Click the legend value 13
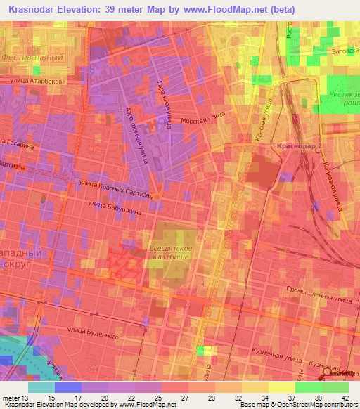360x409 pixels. click(27, 398)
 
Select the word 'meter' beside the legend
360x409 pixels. click(11, 398)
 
